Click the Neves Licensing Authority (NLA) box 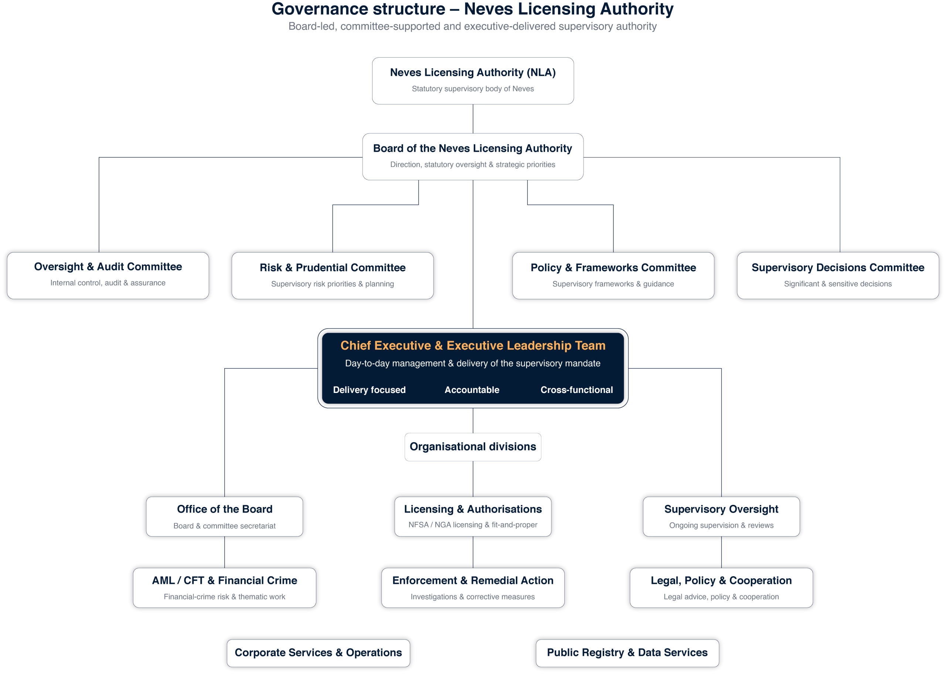473,81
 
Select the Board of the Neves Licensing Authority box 473,157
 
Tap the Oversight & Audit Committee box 108,276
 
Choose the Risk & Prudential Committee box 333,276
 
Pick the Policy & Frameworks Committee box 613,276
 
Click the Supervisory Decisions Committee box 838,276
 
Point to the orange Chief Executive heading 473,345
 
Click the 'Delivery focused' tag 369,390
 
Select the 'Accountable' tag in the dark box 472,390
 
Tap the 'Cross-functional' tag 576,390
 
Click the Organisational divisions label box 473,447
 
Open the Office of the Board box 225,517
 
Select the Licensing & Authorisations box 473,517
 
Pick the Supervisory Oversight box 721,517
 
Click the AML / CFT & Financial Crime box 225,588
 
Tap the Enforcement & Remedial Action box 473,588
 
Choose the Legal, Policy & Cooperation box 721,588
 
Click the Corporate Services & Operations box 319,653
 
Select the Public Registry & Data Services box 627,653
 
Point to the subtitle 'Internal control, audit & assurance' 108,283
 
